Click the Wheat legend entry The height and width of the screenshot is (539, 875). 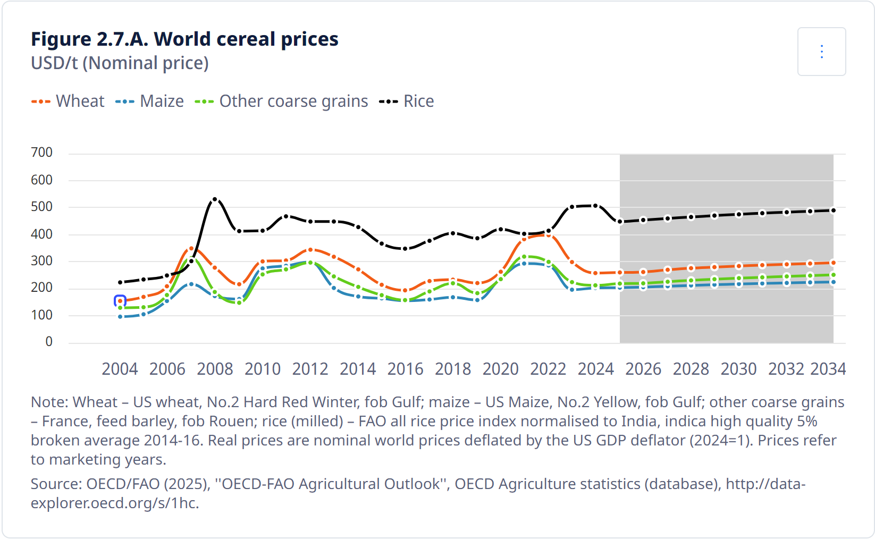[x=68, y=101]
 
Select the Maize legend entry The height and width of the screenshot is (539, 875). [x=150, y=101]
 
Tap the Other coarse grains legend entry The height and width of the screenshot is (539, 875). [x=282, y=101]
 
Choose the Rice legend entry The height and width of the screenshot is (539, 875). [x=407, y=101]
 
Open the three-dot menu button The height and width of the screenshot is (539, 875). [x=821, y=52]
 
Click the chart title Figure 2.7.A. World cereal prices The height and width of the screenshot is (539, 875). [x=184, y=39]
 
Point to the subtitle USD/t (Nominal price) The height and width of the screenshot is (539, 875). [x=120, y=63]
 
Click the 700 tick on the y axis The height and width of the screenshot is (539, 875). [x=42, y=153]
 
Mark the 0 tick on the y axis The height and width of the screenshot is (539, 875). [x=49, y=342]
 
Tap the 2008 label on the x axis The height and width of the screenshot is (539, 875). [x=215, y=368]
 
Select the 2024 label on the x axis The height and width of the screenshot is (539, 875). [x=595, y=368]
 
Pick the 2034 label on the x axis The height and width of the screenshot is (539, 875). [x=828, y=368]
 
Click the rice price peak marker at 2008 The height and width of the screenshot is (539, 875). [x=215, y=200]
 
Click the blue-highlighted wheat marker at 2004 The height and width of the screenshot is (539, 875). [x=120, y=301]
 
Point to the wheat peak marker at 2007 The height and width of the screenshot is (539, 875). [x=191, y=248]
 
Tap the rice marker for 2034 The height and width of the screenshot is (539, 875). [x=833, y=210]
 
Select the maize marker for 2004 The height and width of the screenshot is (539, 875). [x=120, y=317]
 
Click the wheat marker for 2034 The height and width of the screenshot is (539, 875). [x=833, y=263]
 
